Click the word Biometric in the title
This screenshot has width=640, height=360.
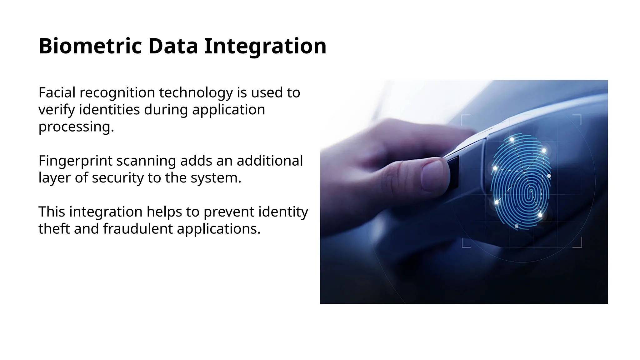[x=90, y=46]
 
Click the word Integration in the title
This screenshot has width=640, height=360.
[x=265, y=46]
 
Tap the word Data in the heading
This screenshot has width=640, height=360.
[x=173, y=46]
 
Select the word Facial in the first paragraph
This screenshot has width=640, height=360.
[x=57, y=92]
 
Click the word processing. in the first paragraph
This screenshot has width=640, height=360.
[x=76, y=127]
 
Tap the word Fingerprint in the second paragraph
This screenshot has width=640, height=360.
[x=75, y=161]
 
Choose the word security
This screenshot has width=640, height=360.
[x=118, y=178]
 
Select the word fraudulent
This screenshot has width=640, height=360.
[x=138, y=229]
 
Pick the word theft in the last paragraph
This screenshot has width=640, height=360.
[x=54, y=229]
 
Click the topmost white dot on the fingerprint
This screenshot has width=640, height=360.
[x=512, y=139]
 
